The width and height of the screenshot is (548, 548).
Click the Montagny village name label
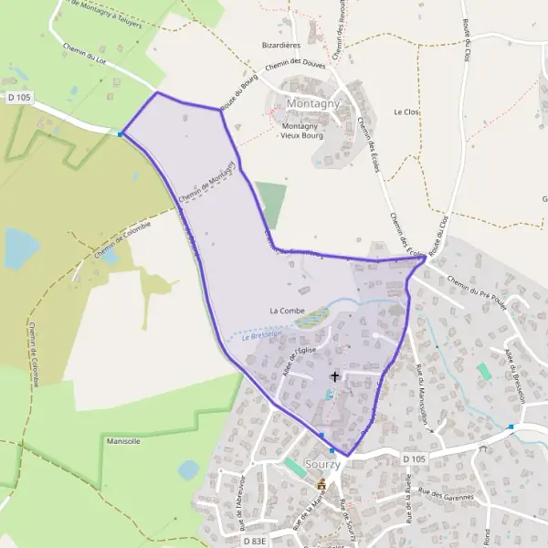click(x=312, y=104)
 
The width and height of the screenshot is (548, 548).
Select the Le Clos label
click(x=405, y=111)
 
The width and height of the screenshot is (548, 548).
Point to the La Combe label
click(x=287, y=311)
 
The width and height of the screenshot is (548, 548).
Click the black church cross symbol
click(x=334, y=375)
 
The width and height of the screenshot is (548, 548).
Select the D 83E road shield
click(x=256, y=541)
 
